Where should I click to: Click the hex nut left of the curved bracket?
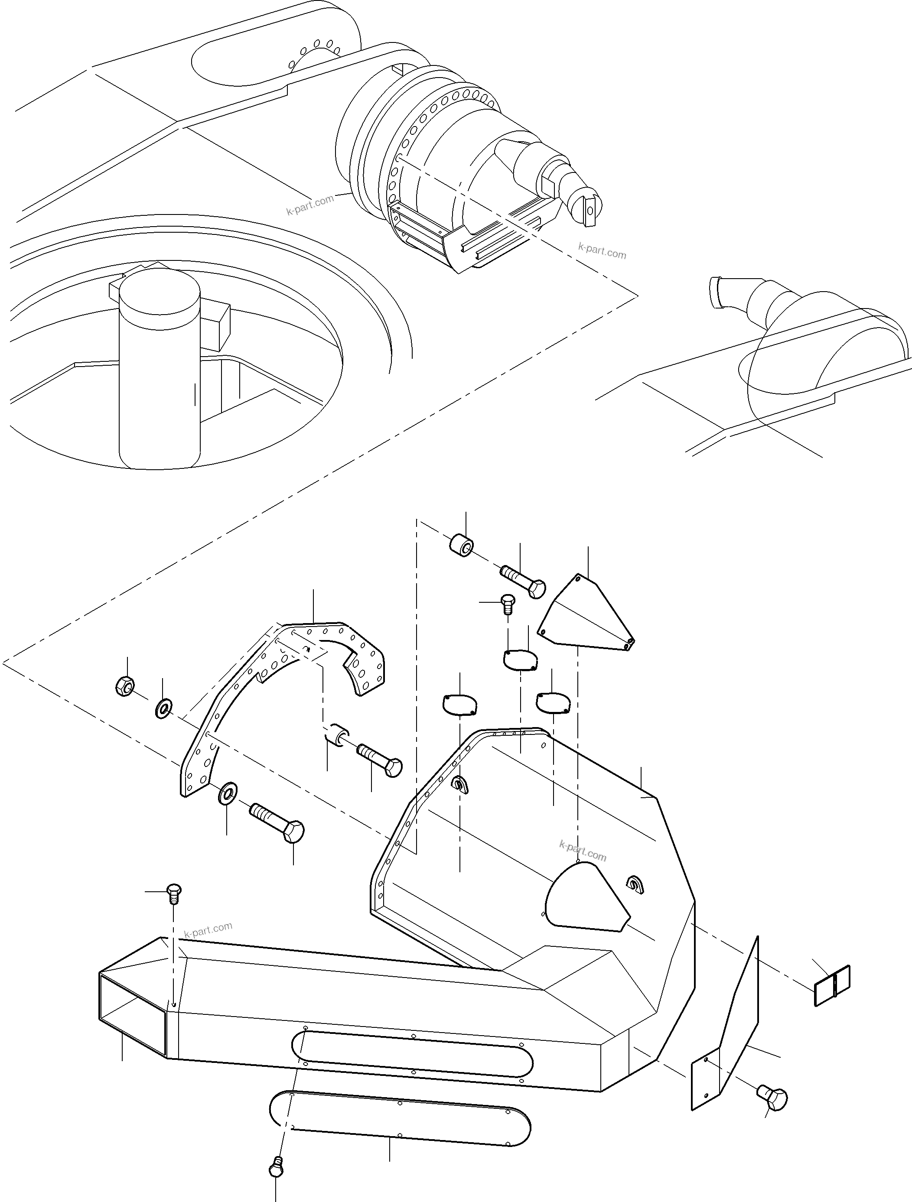[x=125, y=687]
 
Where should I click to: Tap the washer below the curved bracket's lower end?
[x=227, y=794]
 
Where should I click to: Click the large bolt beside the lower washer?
[x=277, y=824]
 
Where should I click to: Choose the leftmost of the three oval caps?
[x=460, y=704]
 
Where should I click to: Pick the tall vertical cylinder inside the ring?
[x=159, y=370]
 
